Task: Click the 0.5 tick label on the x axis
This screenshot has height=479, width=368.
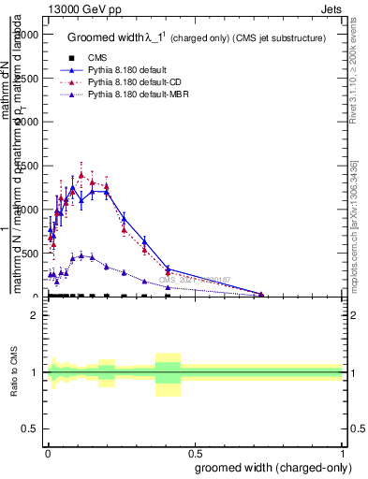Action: (x=195, y=453)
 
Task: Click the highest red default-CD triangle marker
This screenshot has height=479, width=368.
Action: (x=81, y=174)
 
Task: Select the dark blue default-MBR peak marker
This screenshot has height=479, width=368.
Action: (x=81, y=254)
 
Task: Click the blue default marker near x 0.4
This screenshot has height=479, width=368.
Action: (x=168, y=269)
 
